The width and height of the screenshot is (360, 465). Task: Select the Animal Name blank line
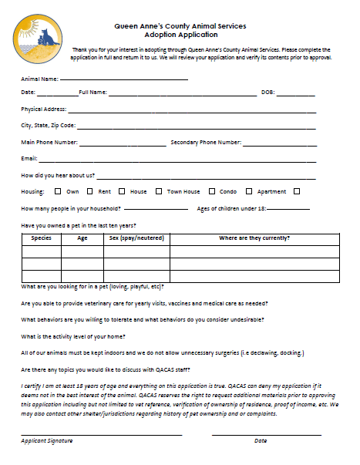pyautogui.click(x=123, y=79)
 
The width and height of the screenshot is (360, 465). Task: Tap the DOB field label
pyautogui.click(x=268, y=93)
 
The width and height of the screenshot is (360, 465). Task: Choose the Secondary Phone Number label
pyautogui.click(x=206, y=142)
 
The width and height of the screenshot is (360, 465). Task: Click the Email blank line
pyautogui.click(x=177, y=160)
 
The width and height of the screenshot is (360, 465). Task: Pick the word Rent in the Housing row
pyautogui.click(x=105, y=191)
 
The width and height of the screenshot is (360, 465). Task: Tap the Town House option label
pyautogui.click(x=183, y=191)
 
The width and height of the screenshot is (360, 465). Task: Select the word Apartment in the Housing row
pyautogui.click(x=271, y=191)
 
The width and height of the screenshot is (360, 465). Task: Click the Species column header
pyautogui.click(x=41, y=238)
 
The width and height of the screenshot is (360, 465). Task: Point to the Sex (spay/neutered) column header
pyautogui.click(x=136, y=238)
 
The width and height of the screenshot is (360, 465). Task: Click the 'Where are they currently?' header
pyautogui.click(x=254, y=238)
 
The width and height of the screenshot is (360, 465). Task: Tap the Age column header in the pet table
pyautogui.click(x=82, y=238)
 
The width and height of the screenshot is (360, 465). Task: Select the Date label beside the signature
pyautogui.click(x=260, y=440)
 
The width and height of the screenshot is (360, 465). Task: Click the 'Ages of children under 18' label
pyautogui.click(x=231, y=208)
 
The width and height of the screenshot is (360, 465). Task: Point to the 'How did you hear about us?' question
pyautogui.click(x=58, y=175)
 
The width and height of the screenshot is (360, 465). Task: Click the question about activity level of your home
pyautogui.click(x=73, y=336)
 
